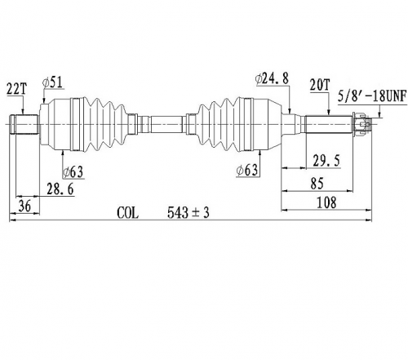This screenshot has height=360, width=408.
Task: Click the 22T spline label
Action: tap(17, 89)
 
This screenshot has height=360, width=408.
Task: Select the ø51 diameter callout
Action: tap(53, 82)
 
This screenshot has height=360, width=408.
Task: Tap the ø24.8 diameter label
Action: tap(272, 78)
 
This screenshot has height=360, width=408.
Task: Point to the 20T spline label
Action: tap(320, 85)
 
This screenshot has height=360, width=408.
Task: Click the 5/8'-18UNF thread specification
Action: tap(372, 96)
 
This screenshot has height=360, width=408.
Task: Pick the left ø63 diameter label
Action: tap(73, 172)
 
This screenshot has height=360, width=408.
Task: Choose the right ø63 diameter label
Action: tap(247, 171)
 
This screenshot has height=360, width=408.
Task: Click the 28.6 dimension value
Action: tap(60, 189)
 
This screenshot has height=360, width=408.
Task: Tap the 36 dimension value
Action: tap(24, 206)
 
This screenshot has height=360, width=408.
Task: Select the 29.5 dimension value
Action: tap(326, 161)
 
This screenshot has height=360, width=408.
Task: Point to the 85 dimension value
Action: tap(317, 184)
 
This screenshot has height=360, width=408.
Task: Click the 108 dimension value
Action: tap(326, 202)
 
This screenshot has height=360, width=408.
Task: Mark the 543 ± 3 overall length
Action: tap(188, 212)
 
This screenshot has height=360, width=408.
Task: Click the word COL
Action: tap(127, 213)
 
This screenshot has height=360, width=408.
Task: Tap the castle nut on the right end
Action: tap(361, 125)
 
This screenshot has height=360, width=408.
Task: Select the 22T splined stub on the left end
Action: tap(24, 124)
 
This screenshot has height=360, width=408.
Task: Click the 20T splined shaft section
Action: tap(329, 124)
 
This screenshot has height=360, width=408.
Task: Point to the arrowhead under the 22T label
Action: tap(23, 112)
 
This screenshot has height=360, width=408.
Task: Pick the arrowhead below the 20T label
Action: tap(329, 113)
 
